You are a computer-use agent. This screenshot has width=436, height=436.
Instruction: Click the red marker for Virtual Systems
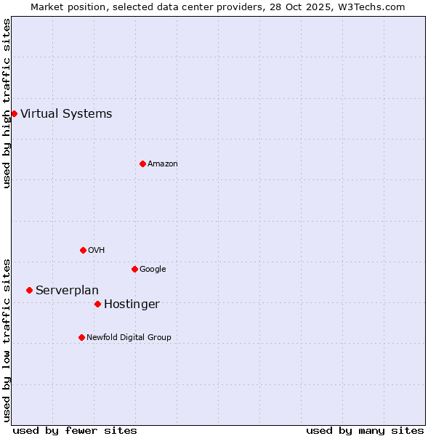tap(14, 113)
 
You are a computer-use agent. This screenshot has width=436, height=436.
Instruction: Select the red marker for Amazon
tap(142, 163)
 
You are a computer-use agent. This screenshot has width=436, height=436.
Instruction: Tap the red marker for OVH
tap(83, 250)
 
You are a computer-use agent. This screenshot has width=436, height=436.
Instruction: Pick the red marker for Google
tap(134, 269)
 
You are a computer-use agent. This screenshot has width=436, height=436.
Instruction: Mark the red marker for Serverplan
tap(29, 290)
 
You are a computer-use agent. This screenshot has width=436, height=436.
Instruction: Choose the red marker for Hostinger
tap(97, 304)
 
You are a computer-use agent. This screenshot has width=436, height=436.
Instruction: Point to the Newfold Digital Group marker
tap(81, 337)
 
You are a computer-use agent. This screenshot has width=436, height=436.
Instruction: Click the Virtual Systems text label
tap(66, 113)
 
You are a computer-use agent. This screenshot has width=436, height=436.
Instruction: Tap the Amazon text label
tap(163, 163)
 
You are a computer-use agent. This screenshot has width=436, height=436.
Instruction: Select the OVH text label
tap(97, 250)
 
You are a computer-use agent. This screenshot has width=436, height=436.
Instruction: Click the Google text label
tap(153, 269)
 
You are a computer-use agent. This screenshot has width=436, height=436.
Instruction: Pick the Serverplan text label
tap(67, 290)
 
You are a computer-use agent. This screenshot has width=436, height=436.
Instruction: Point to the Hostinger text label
tap(132, 304)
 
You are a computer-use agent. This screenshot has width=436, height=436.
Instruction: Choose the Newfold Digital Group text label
tap(129, 337)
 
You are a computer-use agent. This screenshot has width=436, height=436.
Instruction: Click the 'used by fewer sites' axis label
tap(75, 430)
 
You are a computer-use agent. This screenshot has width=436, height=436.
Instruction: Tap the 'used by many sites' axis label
tap(365, 430)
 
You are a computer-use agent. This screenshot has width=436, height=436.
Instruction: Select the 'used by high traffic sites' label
tap(7, 103)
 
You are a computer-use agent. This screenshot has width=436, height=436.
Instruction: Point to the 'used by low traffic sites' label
tap(7, 339)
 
